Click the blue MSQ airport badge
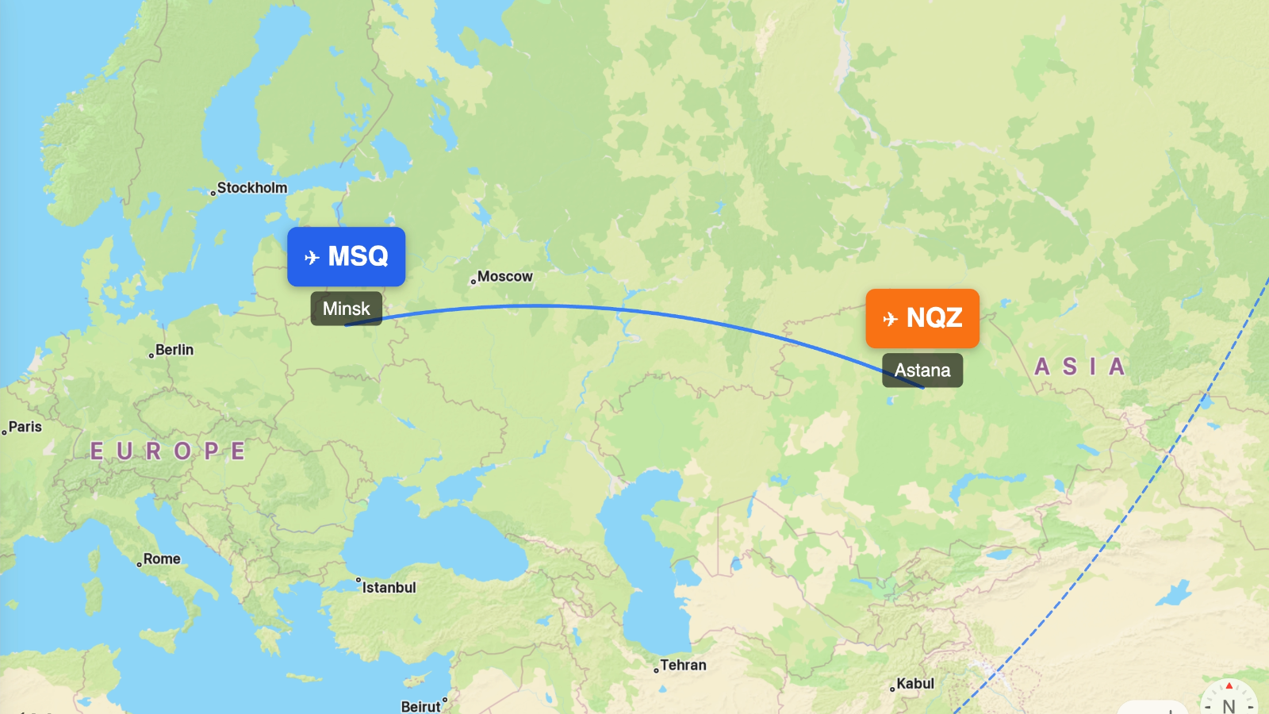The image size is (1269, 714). click(346, 256)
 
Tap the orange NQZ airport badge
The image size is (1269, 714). click(922, 318)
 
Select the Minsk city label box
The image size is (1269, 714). click(346, 309)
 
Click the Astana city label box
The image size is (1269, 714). click(922, 370)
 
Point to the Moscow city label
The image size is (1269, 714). click(504, 276)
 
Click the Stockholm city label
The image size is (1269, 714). click(252, 188)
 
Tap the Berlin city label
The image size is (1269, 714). click(174, 350)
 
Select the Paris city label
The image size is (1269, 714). click(25, 427)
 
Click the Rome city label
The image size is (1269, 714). click(162, 559)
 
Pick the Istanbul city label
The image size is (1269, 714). click(389, 588)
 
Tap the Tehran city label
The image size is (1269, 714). click(683, 666)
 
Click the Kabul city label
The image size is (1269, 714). click(915, 684)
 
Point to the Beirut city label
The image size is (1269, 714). click(420, 706)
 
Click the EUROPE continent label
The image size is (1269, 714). click(168, 451)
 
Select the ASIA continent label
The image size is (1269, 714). click(1080, 367)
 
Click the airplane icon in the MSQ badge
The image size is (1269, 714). click(312, 257)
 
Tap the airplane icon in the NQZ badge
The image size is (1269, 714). click(890, 319)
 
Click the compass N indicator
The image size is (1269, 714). click(1229, 704)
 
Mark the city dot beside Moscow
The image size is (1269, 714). click(473, 282)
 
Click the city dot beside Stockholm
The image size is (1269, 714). click(213, 193)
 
